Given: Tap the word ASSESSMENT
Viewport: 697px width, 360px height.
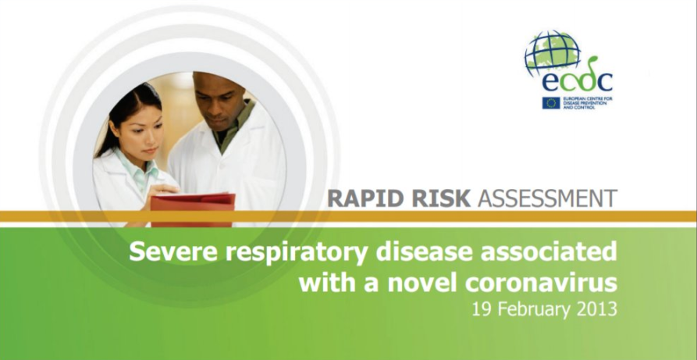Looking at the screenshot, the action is point(548,199).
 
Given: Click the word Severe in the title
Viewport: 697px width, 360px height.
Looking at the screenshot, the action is point(174,252).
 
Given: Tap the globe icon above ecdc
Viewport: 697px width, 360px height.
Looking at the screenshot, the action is point(553,52).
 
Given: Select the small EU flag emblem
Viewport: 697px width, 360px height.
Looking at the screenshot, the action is point(551,103).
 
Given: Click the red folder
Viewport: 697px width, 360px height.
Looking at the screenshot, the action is point(193,210).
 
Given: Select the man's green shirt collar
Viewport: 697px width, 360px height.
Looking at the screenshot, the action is point(233,127).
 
